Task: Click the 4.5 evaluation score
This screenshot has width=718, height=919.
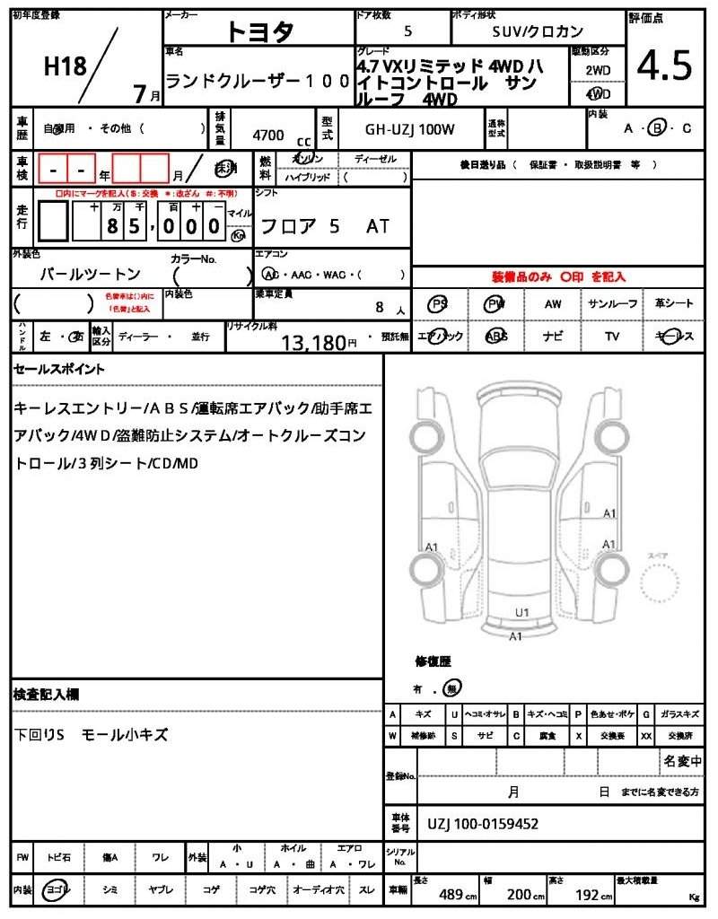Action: coord(665,65)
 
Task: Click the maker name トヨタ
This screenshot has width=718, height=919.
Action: coord(259,31)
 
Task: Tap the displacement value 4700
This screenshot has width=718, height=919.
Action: coord(268,136)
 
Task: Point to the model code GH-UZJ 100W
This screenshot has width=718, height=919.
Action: coord(409,129)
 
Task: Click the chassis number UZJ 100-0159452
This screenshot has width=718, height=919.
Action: coord(483,824)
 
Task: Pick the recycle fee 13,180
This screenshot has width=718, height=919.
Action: coord(313,342)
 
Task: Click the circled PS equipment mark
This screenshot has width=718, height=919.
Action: coord(439,304)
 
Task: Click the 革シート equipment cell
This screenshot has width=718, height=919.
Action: coord(673,304)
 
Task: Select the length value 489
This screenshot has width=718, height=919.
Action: coord(450,894)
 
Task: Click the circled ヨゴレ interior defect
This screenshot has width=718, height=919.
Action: coord(57,889)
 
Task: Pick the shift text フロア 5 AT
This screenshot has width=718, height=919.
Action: coord(324,226)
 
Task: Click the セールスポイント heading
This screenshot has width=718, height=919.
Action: coord(58,369)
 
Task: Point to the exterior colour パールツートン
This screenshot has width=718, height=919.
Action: coord(91,274)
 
